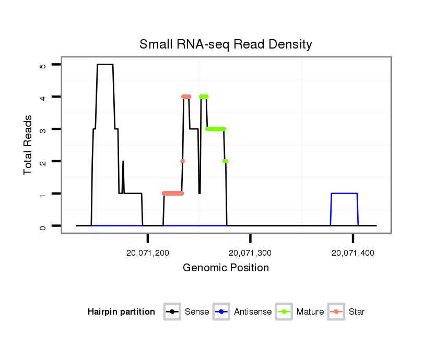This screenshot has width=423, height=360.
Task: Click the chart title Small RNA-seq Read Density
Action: click(x=226, y=45)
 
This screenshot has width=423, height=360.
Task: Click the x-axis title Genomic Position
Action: click(x=226, y=268)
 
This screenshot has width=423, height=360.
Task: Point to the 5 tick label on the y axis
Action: click(x=43, y=65)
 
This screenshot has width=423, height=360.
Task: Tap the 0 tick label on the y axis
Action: click(x=43, y=226)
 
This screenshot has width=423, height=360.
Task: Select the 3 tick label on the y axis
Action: click(x=43, y=129)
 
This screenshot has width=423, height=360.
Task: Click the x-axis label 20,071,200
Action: click(x=148, y=253)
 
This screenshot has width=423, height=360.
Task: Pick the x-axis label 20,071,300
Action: click(x=251, y=253)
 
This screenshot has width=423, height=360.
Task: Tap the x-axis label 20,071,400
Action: click(x=353, y=253)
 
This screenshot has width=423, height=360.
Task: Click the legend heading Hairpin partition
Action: click(x=121, y=312)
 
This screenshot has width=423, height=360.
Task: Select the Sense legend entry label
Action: click(x=197, y=312)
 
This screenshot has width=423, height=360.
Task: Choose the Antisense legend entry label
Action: click(x=253, y=312)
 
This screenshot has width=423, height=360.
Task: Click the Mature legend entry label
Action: click(x=310, y=312)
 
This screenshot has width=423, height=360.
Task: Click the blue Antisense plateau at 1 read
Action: click(x=344, y=194)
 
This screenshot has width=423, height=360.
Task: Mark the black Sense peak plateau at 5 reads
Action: click(x=105, y=65)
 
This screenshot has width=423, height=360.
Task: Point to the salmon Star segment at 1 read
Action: click(x=173, y=194)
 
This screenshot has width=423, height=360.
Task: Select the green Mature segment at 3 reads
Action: click(x=215, y=129)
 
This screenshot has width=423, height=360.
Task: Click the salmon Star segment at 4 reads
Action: click(x=186, y=97)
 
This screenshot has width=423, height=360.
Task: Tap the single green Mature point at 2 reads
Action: click(x=225, y=161)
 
